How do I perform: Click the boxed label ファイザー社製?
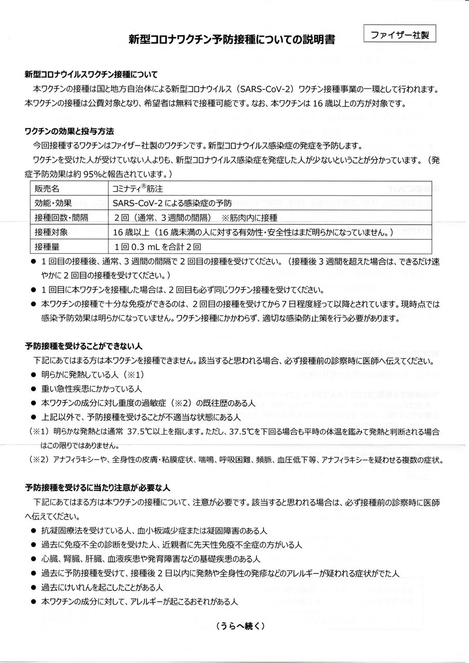click(x=400, y=35)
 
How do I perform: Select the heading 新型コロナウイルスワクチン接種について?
click(x=91, y=75)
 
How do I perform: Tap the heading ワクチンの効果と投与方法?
click(x=69, y=131)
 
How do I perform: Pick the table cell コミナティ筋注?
click(x=138, y=189)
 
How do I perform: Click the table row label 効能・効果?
click(x=54, y=203)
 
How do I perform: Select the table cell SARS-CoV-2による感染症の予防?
click(x=173, y=203)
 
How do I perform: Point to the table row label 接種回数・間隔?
click(x=61, y=218)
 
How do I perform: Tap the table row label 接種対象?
click(x=51, y=233)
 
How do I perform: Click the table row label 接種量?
click(x=47, y=247)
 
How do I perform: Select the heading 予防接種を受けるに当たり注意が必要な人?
click(x=97, y=487)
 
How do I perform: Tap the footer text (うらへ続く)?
click(x=241, y=626)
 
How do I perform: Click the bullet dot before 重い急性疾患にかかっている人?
click(x=34, y=388)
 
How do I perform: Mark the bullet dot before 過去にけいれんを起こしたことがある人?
click(x=34, y=588)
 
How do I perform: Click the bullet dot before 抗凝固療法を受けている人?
click(x=34, y=531)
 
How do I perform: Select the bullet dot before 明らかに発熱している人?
click(x=34, y=374)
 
